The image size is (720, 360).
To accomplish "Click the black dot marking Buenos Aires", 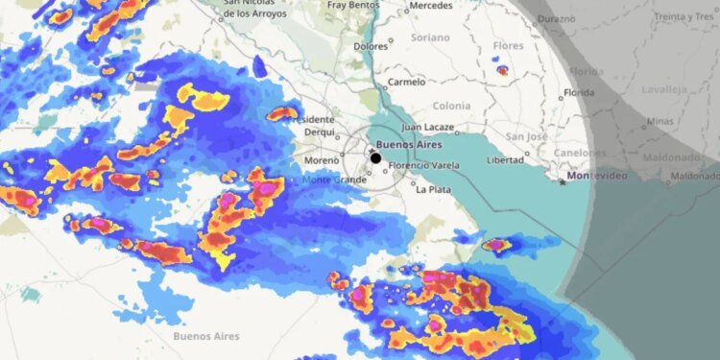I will [x=376, y=157].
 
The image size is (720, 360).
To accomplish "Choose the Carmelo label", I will [x=406, y=83].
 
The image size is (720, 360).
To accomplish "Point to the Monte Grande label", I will [x=330, y=180].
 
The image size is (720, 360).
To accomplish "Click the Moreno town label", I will [x=322, y=159].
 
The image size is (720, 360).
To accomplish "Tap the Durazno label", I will [x=557, y=18].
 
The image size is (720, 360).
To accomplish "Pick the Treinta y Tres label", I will [x=684, y=17].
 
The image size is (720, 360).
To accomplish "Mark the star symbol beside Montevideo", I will [x=564, y=182].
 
